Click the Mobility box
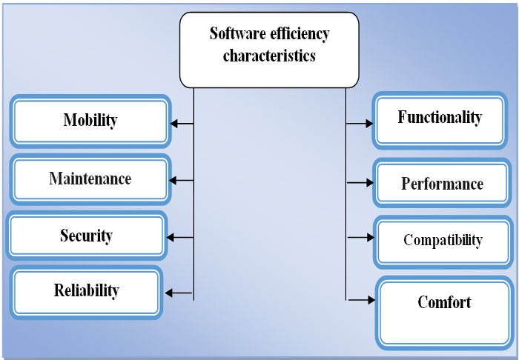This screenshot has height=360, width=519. [90, 121]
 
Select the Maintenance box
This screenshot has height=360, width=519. [90, 179]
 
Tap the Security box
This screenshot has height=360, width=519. [86, 236]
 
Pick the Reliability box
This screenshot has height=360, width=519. [86, 291]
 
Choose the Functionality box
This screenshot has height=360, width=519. [440, 118]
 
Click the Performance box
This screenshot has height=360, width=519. [442, 183]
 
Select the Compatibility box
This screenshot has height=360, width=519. [443, 240]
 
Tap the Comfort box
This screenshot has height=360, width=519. [444, 312]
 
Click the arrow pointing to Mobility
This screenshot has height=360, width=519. [182, 124]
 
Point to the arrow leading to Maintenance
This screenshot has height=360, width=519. [182, 180]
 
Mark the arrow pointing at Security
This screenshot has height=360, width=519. [180, 238]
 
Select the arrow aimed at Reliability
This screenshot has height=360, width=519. [179, 293]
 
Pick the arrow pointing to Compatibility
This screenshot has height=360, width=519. [360, 238]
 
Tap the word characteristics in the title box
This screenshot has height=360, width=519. [269, 56]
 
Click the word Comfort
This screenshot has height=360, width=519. [444, 302]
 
